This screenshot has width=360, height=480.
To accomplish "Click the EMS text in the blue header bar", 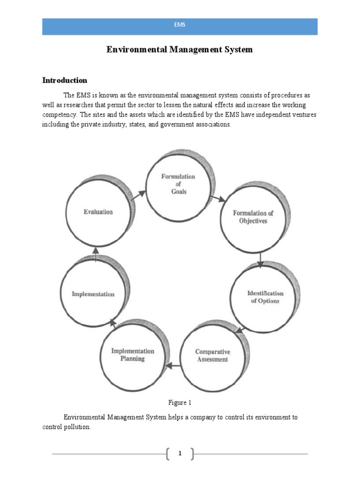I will (x=180, y=25).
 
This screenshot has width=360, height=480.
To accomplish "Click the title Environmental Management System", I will (x=180, y=49).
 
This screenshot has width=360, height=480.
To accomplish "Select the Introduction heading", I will (x=65, y=80).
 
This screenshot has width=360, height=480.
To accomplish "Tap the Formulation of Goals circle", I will (x=178, y=184).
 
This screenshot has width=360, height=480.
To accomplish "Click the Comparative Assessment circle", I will (x=212, y=355).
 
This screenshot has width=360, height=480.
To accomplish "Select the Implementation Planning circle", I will (x=132, y=355).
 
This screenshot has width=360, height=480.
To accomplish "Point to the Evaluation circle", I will (x=98, y=212).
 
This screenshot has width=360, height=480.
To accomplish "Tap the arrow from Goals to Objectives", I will (x=217, y=199).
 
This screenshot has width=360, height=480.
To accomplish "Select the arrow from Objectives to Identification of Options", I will (x=261, y=260).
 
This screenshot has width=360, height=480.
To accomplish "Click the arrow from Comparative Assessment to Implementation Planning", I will (x=174, y=364).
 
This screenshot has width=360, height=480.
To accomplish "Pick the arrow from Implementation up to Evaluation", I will (x=96, y=254).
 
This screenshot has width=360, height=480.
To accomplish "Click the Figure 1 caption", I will (x=180, y=402).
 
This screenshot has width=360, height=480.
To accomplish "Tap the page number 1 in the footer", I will (x=180, y=453).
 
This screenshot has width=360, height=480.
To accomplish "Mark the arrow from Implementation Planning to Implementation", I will (x=112, y=322).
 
